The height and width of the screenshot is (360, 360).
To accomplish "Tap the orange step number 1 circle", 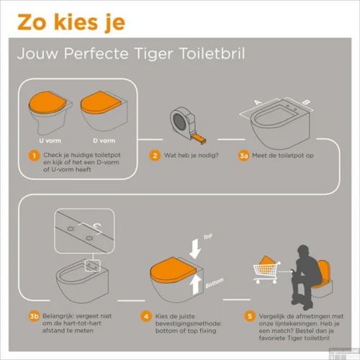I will point(32,155).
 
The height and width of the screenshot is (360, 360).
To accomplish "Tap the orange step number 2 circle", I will point(154,155).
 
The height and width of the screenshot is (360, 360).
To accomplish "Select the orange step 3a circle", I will point(245,155).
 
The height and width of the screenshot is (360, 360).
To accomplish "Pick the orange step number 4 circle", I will point(145,315).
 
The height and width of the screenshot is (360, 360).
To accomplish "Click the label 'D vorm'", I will point(104,140).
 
